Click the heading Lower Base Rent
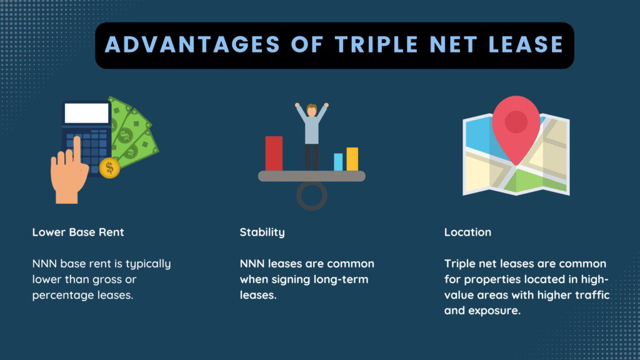[x=78, y=232]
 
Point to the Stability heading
[x=262, y=232]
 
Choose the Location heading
[x=467, y=232]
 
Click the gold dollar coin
[x=109, y=167]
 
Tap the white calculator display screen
[x=86, y=113]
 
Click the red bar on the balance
[x=274, y=153]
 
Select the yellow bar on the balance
[x=352, y=159]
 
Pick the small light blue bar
[x=338, y=162]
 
